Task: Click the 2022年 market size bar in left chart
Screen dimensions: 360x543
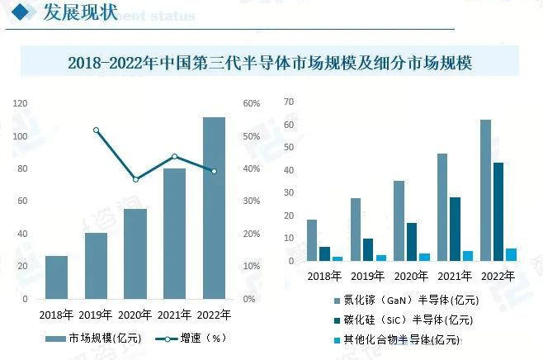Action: (x=214, y=207)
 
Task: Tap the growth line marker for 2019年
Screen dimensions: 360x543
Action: (x=96, y=130)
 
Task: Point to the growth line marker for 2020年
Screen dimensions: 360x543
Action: (x=135, y=179)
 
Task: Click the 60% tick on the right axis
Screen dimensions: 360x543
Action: (x=251, y=103)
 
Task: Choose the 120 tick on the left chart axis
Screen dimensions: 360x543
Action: (x=20, y=103)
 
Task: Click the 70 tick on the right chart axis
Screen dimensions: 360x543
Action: (x=289, y=102)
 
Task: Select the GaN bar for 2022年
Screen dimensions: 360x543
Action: (x=485, y=191)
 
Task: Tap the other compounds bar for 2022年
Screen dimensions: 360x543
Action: (x=511, y=254)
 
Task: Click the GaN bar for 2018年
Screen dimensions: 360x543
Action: (x=311, y=240)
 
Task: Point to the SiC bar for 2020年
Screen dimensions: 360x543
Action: (x=411, y=242)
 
